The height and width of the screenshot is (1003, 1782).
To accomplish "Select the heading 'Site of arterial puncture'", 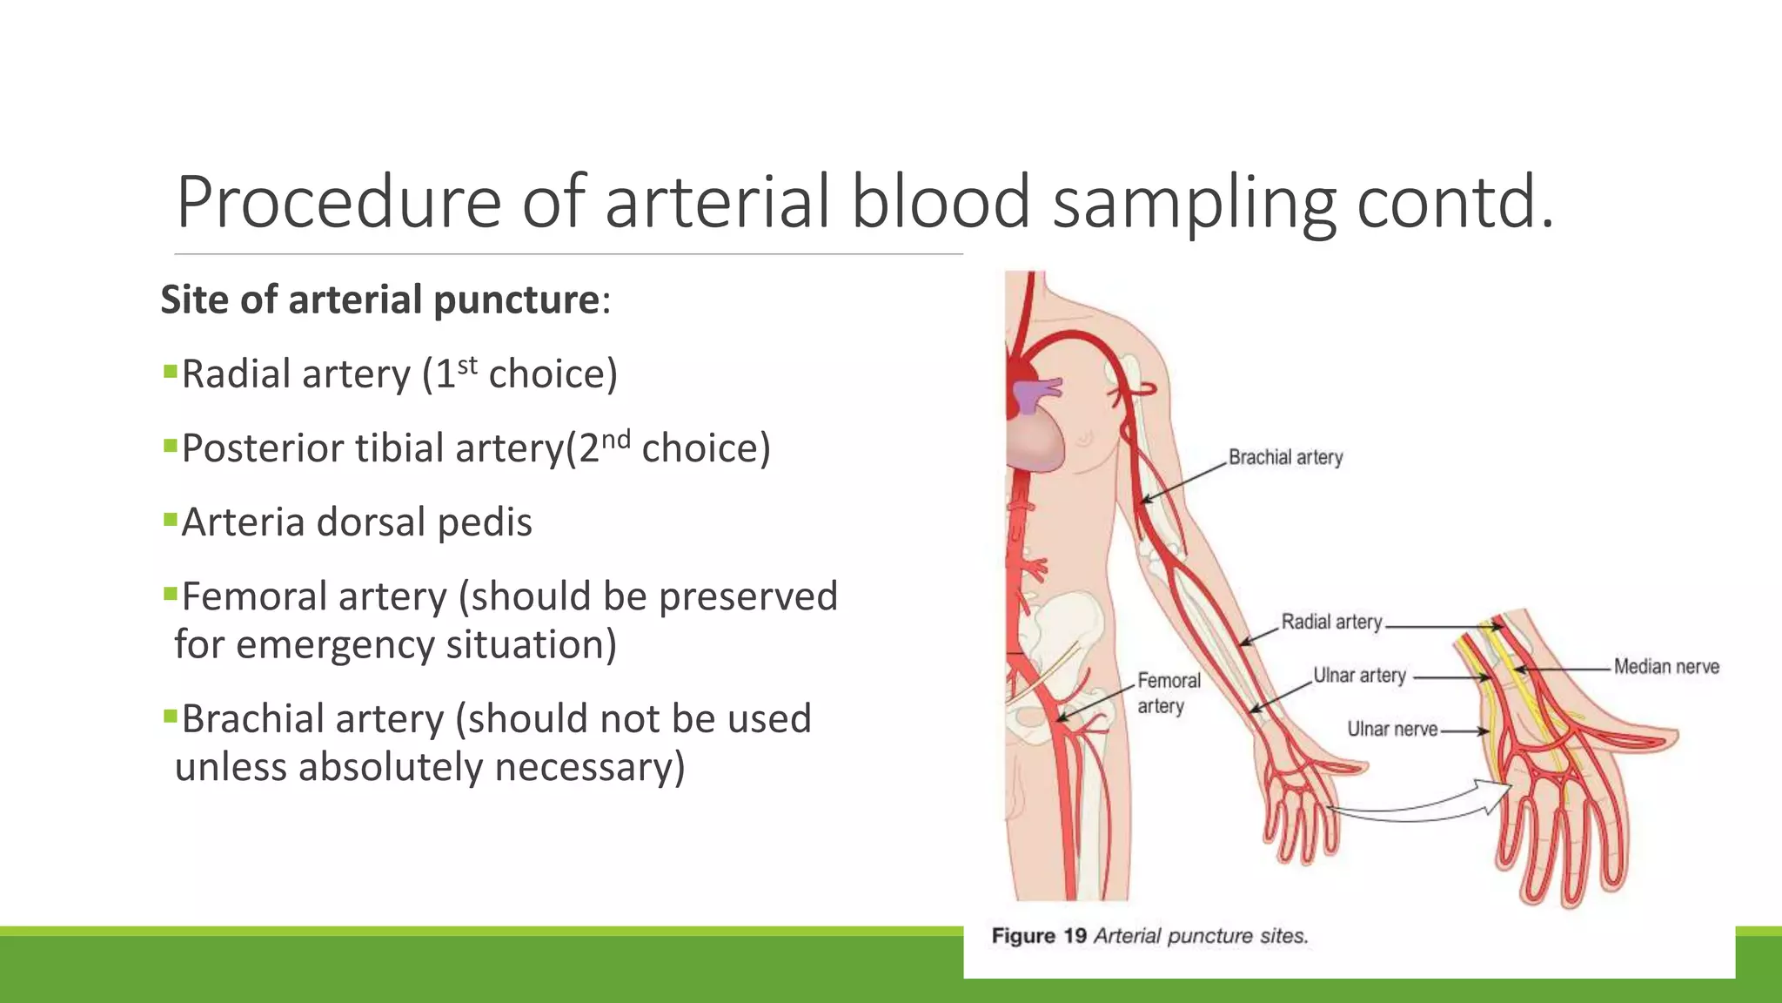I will click(380, 300).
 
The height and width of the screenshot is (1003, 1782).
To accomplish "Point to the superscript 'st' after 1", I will click(467, 365).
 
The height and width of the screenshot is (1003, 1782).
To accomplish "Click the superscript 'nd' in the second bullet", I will click(615, 439).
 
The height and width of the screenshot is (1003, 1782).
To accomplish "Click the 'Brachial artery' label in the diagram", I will click(1285, 457).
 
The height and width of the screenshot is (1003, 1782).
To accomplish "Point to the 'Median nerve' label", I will click(1666, 667).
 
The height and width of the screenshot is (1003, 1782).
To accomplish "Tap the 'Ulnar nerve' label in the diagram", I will click(1392, 730).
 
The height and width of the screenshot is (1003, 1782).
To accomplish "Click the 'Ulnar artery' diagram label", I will click(1359, 676).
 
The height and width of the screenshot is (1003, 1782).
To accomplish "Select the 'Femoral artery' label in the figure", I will click(1169, 693).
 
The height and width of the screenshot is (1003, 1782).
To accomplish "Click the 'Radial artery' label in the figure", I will click(1331, 622).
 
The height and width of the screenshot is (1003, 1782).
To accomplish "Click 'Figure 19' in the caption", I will click(1039, 936).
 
